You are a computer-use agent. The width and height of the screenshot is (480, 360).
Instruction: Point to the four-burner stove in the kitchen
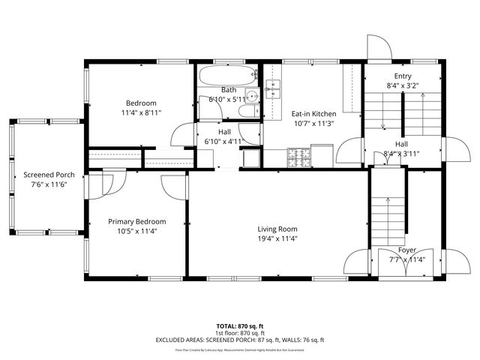299,158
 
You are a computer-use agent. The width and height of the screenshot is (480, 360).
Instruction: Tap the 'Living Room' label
277,229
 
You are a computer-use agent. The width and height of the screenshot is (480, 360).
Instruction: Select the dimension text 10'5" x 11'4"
136,232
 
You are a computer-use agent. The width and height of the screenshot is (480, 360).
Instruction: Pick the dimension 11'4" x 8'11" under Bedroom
141,112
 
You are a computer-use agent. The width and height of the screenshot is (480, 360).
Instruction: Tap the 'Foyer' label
407,250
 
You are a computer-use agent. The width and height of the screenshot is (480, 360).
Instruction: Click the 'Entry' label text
402,76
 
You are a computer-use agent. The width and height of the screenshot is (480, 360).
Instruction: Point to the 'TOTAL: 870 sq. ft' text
240,326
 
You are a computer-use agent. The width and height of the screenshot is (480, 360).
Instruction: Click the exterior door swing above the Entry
379,47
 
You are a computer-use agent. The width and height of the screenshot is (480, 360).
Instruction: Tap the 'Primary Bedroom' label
136,221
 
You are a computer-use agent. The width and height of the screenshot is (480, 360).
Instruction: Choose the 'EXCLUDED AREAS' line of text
240,340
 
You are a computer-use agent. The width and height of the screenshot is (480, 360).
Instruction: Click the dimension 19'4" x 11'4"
277,239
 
